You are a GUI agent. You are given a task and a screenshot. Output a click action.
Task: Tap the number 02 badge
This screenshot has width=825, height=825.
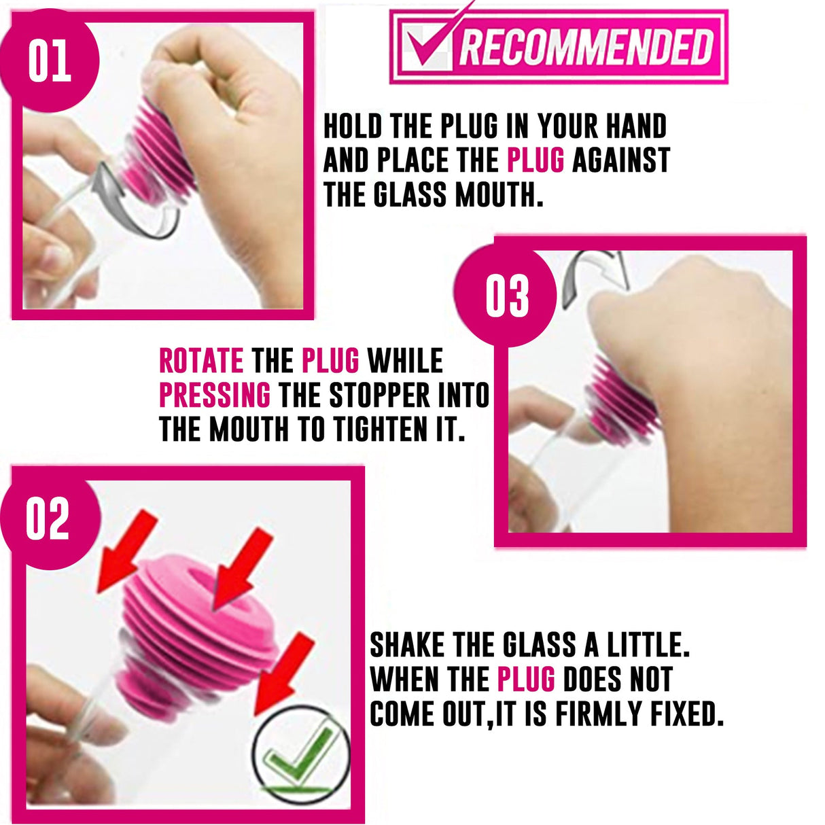pyautogui.click(x=48, y=519)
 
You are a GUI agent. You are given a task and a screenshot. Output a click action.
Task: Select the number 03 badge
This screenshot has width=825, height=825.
pyautogui.click(x=506, y=297)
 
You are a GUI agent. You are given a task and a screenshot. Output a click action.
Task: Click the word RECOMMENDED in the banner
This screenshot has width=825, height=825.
pyautogui.click(x=586, y=47)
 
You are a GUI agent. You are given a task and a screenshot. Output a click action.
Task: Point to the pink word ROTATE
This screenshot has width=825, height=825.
pyautogui.click(x=200, y=361)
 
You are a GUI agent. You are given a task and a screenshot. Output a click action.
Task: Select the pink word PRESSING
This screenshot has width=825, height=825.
pyautogui.click(x=214, y=396)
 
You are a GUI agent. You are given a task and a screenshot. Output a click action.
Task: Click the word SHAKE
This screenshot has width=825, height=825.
pyautogui.click(x=407, y=645)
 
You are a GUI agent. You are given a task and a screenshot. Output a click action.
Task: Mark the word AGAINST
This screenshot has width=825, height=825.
pyautogui.click(x=620, y=161)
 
